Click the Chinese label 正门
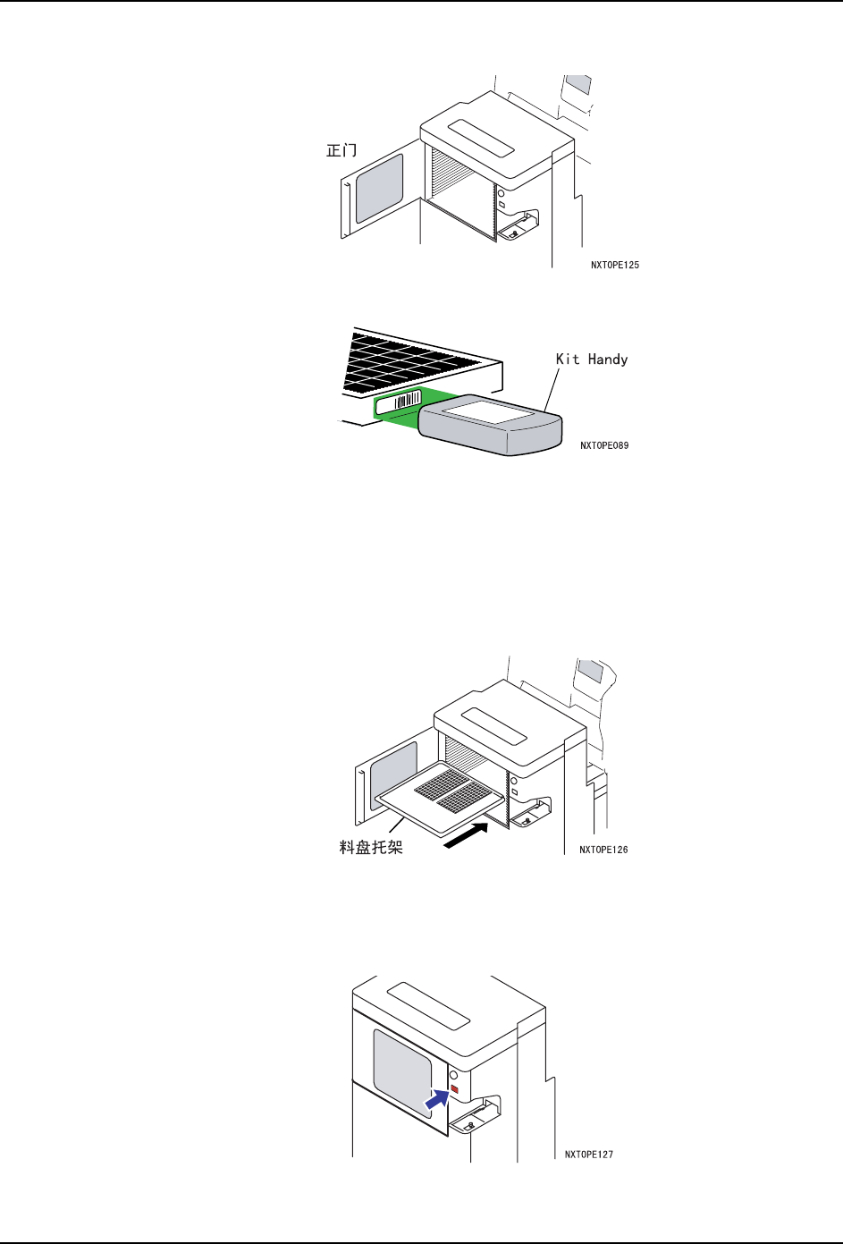coord(341,150)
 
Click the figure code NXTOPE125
coord(615,265)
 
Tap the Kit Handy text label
coord(592,360)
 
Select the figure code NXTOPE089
coord(604,445)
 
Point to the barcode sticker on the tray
coord(399,403)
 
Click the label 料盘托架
coord(371,847)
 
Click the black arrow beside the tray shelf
coord(467,839)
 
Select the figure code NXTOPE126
coord(603,850)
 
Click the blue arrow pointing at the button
coord(435,1100)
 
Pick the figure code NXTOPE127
coord(589,1155)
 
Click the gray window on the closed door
coord(401,1072)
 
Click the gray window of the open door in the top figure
coord(379,189)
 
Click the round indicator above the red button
coord(453,1075)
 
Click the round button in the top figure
coord(501,193)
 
